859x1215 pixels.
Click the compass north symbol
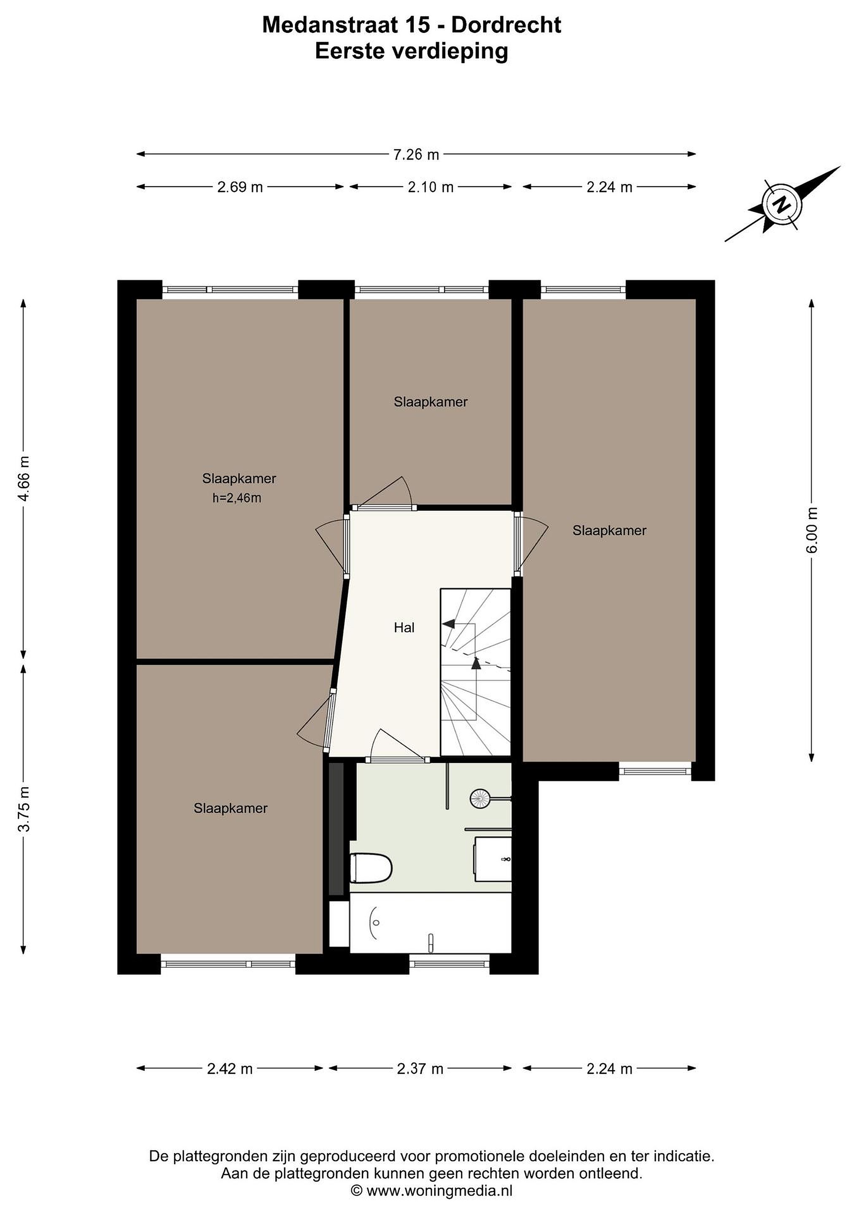pyautogui.click(x=781, y=204)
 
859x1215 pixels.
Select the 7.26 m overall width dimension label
pyautogui.click(x=416, y=154)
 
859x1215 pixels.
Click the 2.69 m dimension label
pyautogui.click(x=240, y=187)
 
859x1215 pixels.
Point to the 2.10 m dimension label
pyautogui.click(x=431, y=187)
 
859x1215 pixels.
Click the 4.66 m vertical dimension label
pyautogui.click(x=24, y=478)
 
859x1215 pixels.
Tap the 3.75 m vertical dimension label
pyautogui.click(x=24, y=809)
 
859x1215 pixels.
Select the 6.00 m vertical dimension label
pyautogui.click(x=812, y=530)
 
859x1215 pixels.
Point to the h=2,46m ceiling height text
pyautogui.click(x=237, y=498)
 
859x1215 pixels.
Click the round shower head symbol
pyautogui.click(x=480, y=799)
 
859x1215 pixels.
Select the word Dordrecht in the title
pyautogui.click(x=507, y=25)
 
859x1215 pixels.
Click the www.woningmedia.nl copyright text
pyautogui.click(x=432, y=1190)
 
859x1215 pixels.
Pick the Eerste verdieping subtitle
pyautogui.click(x=412, y=52)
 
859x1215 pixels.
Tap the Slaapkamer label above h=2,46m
pyautogui.click(x=239, y=478)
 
